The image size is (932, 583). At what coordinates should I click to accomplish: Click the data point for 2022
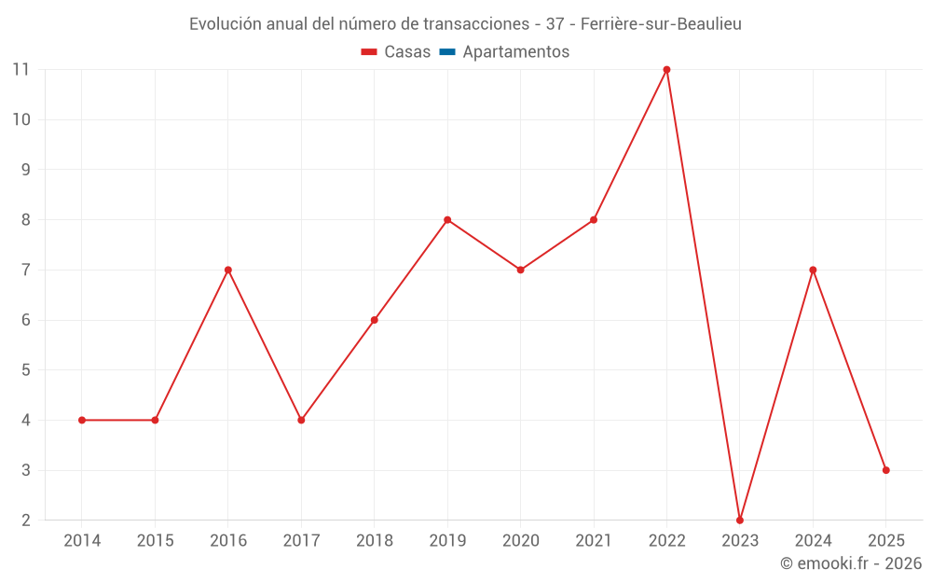[x=666, y=69]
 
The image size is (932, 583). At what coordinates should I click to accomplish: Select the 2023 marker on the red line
[x=740, y=520]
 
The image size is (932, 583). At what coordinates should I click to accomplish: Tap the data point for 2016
[x=228, y=270]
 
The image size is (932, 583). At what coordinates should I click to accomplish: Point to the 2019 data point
[x=447, y=220]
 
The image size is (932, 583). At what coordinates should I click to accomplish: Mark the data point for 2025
[x=885, y=470]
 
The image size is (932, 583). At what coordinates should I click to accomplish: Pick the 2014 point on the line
[x=82, y=420]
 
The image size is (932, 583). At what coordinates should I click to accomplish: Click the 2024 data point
[x=813, y=270]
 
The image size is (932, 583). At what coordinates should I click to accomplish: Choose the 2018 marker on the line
[x=375, y=320]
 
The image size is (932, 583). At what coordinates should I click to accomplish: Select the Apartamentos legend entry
[x=515, y=52]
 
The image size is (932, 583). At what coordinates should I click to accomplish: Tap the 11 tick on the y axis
[x=21, y=69]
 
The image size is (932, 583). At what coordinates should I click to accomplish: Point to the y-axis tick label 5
[x=26, y=370]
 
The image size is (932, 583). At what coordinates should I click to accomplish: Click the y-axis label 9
[x=26, y=170]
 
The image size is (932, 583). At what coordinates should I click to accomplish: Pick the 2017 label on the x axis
[x=301, y=541]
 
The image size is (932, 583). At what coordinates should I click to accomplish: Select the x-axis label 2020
[x=520, y=541]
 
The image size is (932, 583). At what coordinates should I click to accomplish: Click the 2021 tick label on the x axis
[x=594, y=541]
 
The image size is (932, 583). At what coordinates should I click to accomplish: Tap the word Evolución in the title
[x=226, y=24]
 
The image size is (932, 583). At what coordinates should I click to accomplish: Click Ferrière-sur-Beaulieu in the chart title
[x=661, y=24]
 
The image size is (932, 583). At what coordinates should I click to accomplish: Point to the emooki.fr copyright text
[x=851, y=563]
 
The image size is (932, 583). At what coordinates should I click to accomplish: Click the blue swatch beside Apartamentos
[x=447, y=52]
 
